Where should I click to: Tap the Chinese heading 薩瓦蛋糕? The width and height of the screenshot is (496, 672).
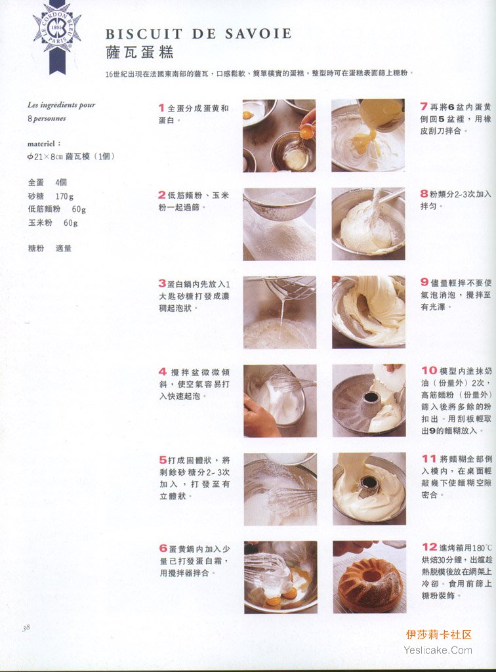click(x=140, y=52)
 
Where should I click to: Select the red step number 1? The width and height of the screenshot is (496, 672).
click(x=161, y=108)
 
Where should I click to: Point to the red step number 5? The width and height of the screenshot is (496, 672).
click(x=163, y=460)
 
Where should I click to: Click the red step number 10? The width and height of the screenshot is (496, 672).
click(x=429, y=370)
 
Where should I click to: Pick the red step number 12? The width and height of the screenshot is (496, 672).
click(x=429, y=547)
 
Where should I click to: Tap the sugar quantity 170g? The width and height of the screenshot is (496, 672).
click(x=64, y=196)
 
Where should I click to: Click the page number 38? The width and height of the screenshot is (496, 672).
click(x=26, y=627)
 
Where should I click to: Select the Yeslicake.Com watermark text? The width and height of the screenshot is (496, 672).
click(x=438, y=650)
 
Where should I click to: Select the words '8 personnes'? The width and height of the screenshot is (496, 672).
click(x=47, y=118)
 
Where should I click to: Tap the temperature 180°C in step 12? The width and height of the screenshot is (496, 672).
click(x=482, y=548)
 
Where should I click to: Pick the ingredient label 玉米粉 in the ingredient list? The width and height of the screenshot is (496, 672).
click(x=40, y=222)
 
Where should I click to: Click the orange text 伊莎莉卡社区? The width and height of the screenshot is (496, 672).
click(x=439, y=635)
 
